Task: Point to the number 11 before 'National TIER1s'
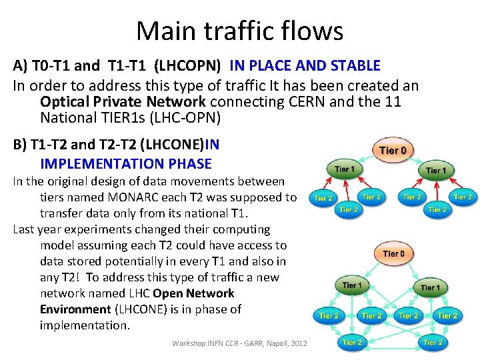pyautogui.click(x=391, y=102)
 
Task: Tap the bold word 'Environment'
pyautogui.click(x=75, y=309)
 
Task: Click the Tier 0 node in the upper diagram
pyautogui.click(x=393, y=150)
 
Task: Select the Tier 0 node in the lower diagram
pyautogui.click(x=393, y=254)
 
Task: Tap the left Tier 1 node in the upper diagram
pyautogui.click(x=345, y=169)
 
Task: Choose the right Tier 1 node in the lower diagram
pyautogui.click(x=430, y=287)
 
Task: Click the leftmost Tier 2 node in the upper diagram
pyautogui.click(x=323, y=198)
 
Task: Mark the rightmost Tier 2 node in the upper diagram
pyautogui.click(x=463, y=197)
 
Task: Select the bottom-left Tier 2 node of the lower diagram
pyautogui.click(x=352, y=343)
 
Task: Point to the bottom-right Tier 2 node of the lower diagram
pyautogui.click(x=433, y=343)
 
